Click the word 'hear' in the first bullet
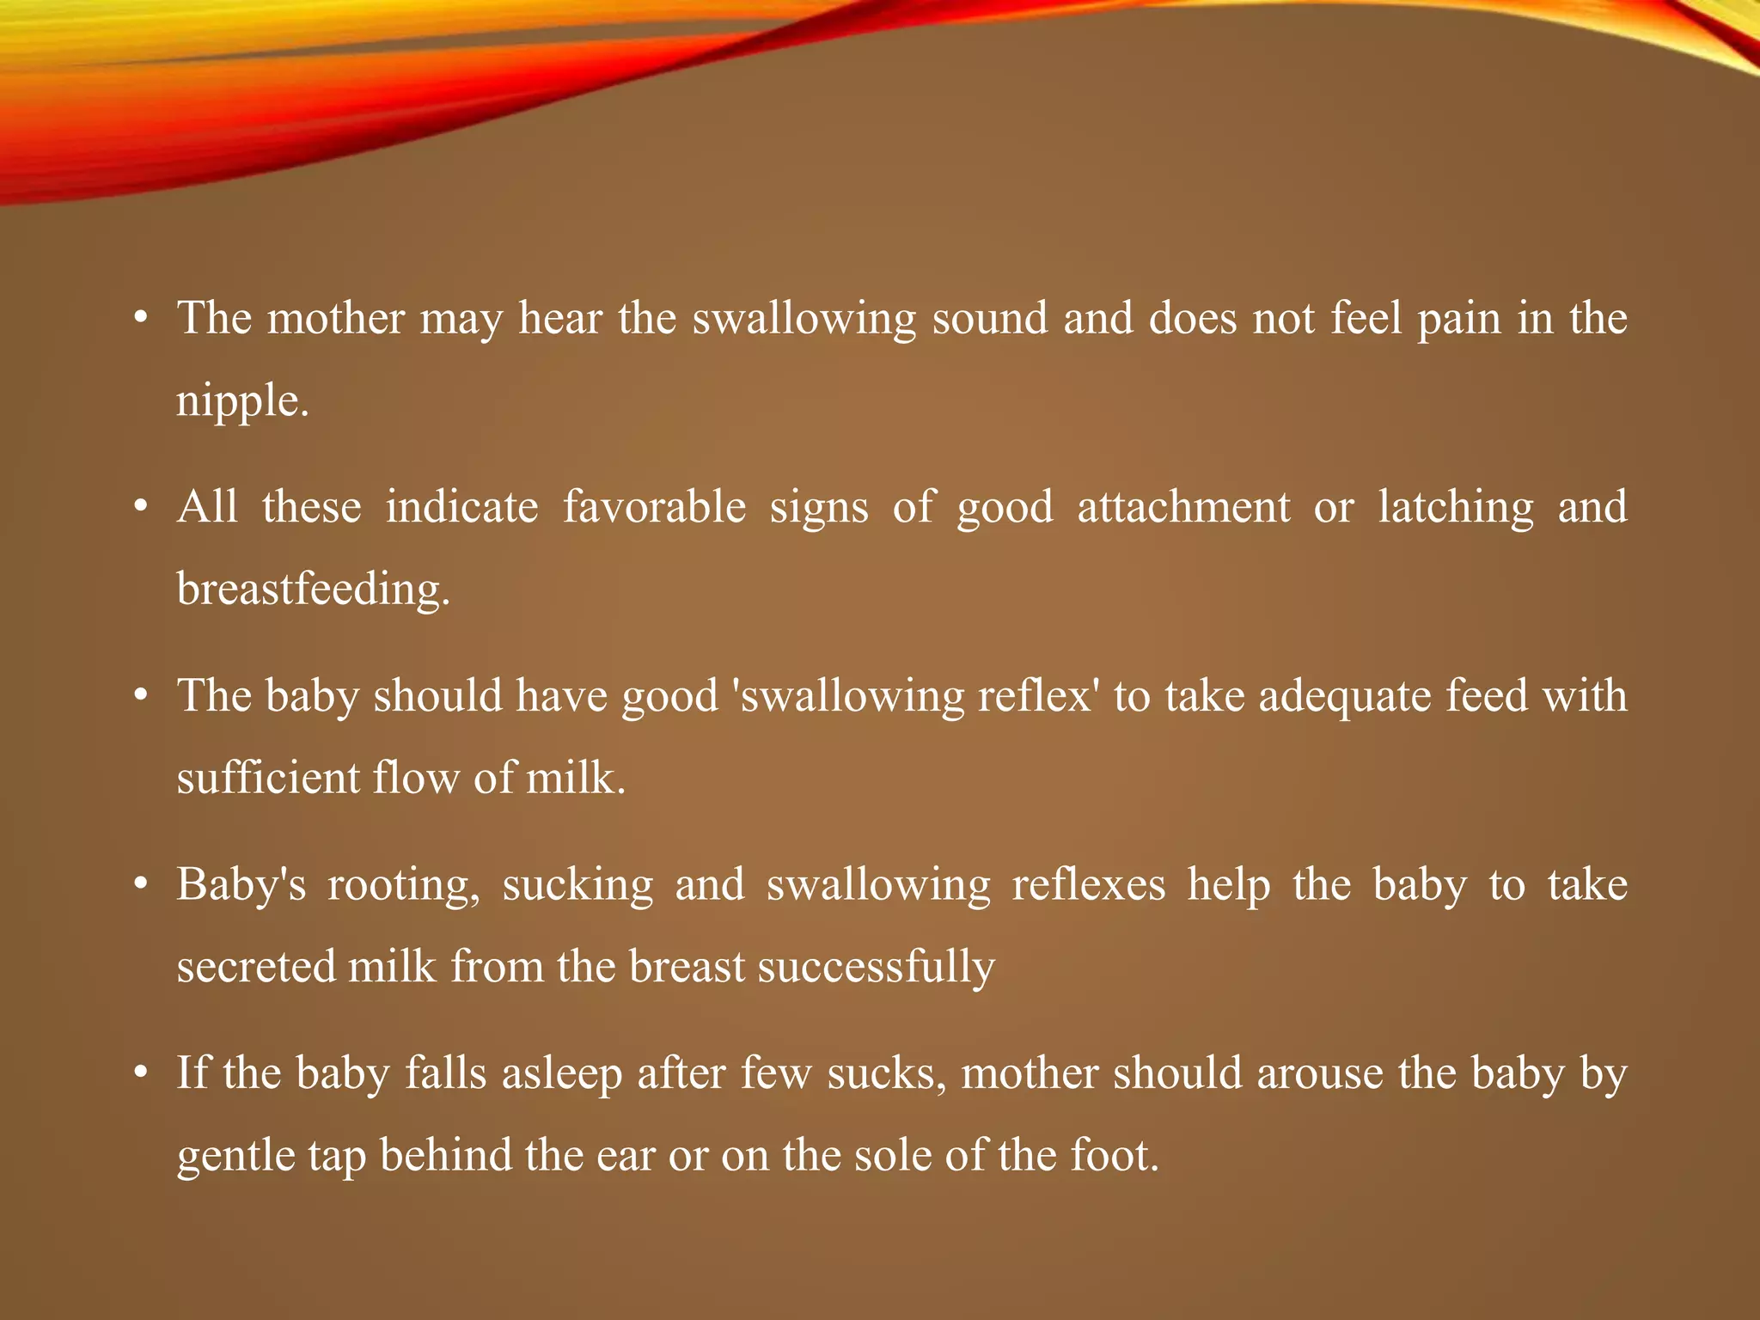pyautogui.click(x=559, y=319)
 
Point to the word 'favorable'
pyautogui.click(x=654, y=507)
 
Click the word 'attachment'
pyautogui.click(x=1183, y=507)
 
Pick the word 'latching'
pyautogui.click(x=1455, y=507)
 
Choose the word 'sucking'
pyautogui.click(x=577, y=885)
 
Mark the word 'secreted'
pyautogui.click(x=255, y=967)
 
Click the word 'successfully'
pyautogui.click(x=876, y=967)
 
